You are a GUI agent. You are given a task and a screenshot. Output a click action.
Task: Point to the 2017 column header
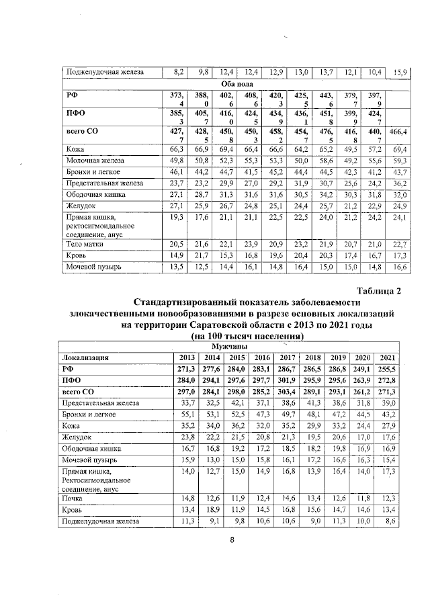coord(288,357)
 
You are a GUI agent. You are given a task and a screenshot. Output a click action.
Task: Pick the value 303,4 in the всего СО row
coord(287,391)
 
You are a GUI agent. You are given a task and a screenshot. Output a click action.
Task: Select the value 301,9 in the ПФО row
coord(287,380)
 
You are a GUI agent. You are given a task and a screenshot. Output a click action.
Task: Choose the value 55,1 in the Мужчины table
coord(186,415)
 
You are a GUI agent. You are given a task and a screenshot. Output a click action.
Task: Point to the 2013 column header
coord(185,357)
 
